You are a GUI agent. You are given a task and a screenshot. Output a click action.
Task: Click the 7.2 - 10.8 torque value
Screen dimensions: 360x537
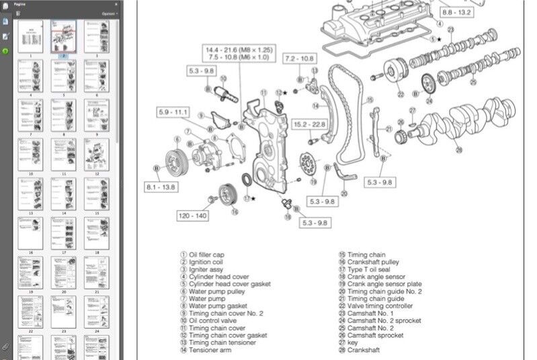point(300,59)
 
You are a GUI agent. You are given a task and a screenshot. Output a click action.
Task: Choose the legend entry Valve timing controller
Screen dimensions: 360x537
point(380,306)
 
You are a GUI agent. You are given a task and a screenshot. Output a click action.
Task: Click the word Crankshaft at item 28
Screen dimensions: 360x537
point(364,351)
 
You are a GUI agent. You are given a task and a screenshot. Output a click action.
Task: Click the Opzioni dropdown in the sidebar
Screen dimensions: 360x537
point(109,13)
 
